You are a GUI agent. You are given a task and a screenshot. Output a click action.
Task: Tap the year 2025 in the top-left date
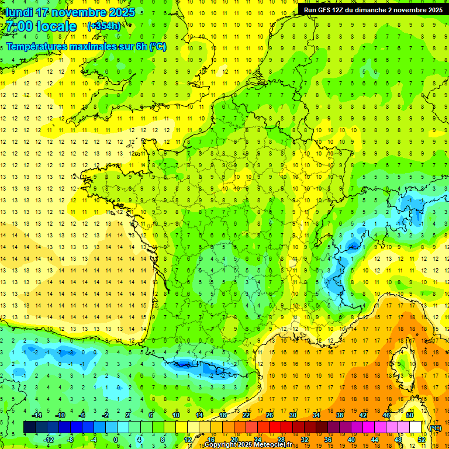(x=122, y=12)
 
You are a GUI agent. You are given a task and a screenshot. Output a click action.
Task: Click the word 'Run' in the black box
(x=310, y=10)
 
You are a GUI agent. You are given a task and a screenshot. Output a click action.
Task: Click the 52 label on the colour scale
(x=421, y=439)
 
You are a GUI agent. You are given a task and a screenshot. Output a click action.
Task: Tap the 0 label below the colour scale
(x=115, y=439)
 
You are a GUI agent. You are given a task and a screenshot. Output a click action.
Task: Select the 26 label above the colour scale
(x=269, y=415)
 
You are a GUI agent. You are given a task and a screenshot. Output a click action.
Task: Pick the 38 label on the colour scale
(x=339, y=415)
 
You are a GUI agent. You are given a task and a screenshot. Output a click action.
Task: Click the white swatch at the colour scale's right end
(x=415, y=427)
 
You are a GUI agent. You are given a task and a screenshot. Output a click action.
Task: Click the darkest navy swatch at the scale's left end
(x=29, y=427)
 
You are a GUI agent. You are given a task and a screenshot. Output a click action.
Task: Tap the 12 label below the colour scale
(x=187, y=439)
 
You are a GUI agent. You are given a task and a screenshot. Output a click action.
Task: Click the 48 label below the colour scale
(x=398, y=439)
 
